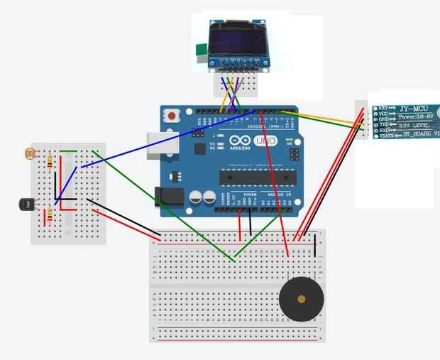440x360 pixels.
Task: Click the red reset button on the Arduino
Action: (x=172, y=114)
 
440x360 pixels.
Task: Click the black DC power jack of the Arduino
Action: (x=168, y=197)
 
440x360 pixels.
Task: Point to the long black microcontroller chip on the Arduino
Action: (x=256, y=177)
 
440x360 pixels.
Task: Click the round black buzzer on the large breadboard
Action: (x=302, y=299)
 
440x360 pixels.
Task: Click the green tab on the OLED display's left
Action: (x=201, y=50)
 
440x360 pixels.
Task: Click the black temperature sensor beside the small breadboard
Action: (x=26, y=204)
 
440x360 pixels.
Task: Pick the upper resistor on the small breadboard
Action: (x=50, y=163)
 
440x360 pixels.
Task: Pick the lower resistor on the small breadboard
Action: (x=50, y=214)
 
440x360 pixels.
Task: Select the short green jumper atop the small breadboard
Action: (x=68, y=151)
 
